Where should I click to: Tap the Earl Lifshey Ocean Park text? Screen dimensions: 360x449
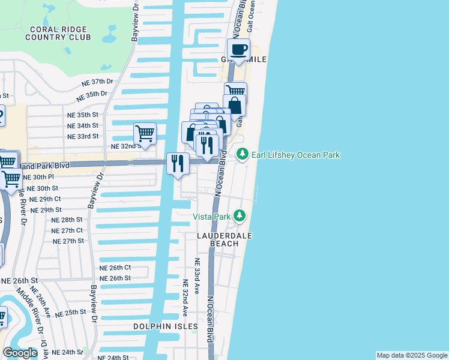pos(295,155)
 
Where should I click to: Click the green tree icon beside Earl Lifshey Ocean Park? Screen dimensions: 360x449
pos(243,155)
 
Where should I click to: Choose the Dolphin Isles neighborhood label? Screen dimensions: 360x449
pos(166,326)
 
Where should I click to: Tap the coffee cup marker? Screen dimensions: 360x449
pos(238,50)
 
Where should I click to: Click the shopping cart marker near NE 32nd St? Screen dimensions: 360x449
pos(145,133)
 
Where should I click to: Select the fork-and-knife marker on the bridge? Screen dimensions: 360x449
pos(178,163)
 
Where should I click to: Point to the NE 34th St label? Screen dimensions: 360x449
pos(82,125)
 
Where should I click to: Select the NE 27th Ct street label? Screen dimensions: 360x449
pos(67,230)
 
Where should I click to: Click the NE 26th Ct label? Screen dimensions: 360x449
pos(115,268)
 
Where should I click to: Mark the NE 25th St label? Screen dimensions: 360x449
pos(71,313)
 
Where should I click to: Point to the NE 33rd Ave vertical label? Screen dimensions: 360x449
pos(196,275)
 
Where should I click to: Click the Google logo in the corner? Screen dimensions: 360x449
pos(20,353)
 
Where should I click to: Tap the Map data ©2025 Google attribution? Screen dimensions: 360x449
pos(412,355)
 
